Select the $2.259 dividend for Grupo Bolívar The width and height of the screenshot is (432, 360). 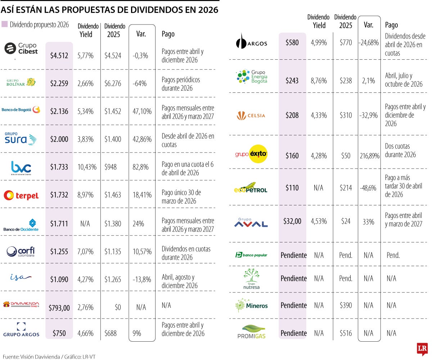(x=59, y=83)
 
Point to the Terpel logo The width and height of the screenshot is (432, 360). (x=21, y=195)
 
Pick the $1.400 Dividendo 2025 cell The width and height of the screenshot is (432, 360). (x=113, y=140)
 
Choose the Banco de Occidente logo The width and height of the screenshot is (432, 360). (x=21, y=224)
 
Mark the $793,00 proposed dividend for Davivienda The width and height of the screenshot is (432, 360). (x=59, y=307)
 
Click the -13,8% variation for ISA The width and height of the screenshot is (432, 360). (x=141, y=279)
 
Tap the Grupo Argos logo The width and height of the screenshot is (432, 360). (x=21, y=330)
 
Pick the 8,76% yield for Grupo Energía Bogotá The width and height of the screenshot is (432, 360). (x=319, y=81)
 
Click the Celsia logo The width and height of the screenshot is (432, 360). (x=251, y=115)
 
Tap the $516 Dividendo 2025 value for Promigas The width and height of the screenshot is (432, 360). (x=346, y=333)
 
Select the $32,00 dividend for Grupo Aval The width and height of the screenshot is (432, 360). (x=292, y=221)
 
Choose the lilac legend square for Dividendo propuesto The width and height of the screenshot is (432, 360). (x=4, y=24)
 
